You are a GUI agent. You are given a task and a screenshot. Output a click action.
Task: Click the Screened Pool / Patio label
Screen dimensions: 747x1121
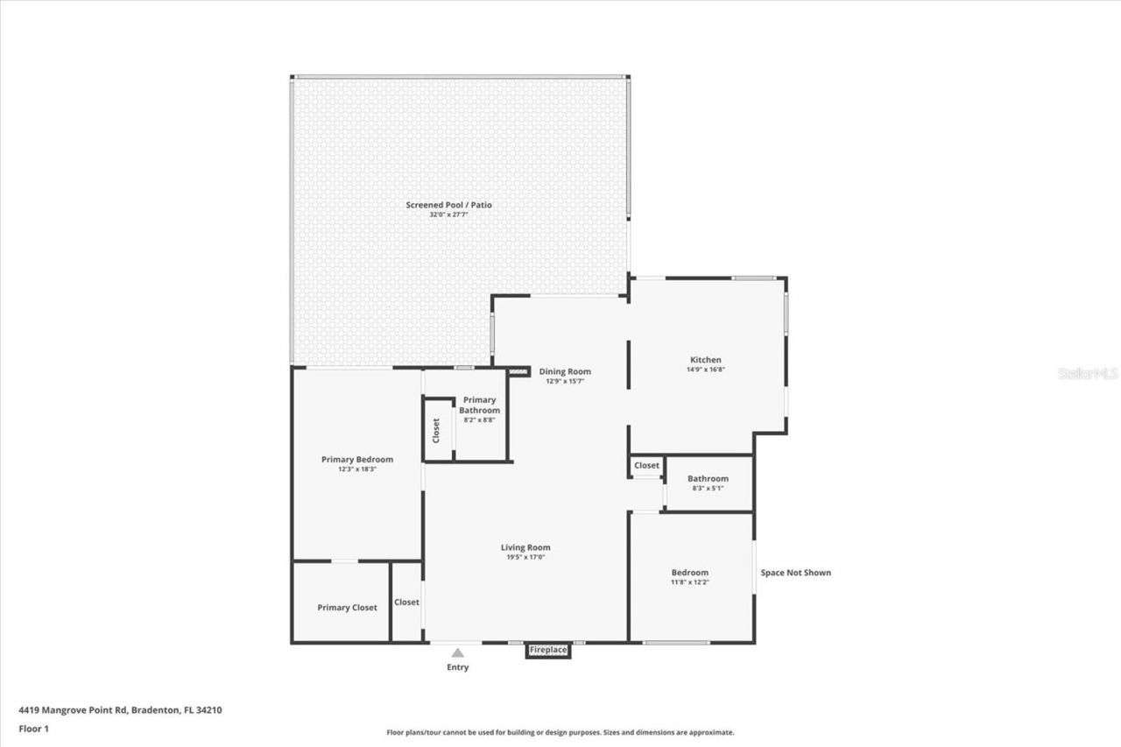448,205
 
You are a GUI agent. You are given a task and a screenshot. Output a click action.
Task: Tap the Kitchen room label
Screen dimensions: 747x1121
705,360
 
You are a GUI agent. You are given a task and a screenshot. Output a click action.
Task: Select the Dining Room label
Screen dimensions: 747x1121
565,371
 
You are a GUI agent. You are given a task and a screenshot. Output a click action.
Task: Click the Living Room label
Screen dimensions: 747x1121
525,547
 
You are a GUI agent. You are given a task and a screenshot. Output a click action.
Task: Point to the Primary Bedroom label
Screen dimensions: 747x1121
356,459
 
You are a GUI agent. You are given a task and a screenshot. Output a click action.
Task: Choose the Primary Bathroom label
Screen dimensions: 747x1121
480,405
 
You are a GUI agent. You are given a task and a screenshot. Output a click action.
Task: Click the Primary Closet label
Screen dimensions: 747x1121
347,607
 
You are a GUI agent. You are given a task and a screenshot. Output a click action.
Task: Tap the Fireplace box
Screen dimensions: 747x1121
548,650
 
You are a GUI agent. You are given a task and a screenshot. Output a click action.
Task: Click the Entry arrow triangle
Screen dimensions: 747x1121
457,652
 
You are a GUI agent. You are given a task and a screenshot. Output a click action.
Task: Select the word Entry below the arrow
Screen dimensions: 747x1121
457,667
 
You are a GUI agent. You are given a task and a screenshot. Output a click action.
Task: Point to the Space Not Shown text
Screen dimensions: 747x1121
795,573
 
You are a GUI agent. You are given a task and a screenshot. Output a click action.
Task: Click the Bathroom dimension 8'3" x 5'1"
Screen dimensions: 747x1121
708,488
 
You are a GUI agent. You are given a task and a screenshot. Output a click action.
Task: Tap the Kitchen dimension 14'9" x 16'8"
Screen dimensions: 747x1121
705,370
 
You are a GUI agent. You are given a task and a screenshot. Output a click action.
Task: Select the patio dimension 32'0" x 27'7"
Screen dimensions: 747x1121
448,215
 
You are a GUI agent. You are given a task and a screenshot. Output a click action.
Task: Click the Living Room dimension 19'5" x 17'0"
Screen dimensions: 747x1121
525,557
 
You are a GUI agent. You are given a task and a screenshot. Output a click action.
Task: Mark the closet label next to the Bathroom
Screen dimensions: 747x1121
646,465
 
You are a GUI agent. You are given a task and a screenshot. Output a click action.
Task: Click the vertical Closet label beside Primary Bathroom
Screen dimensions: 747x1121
436,430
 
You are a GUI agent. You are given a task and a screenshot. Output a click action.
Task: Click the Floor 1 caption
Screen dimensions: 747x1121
34,728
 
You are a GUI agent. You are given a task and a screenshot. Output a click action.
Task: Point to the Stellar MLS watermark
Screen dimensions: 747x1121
1088,373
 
